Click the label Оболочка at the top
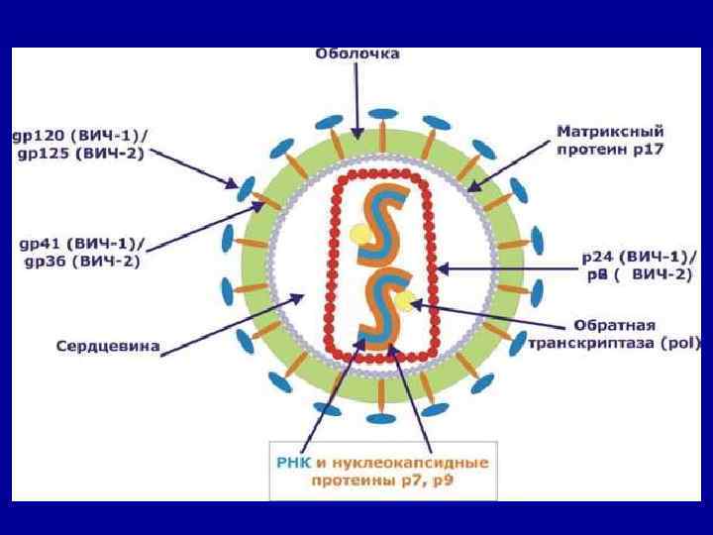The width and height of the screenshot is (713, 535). tap(357, 53)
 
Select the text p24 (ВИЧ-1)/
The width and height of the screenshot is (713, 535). tap(634, 257)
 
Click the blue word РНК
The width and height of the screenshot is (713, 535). tap(293, 462)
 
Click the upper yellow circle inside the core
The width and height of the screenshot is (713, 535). tap(359, 234)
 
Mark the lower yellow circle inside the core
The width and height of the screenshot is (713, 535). tap(403, 300)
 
